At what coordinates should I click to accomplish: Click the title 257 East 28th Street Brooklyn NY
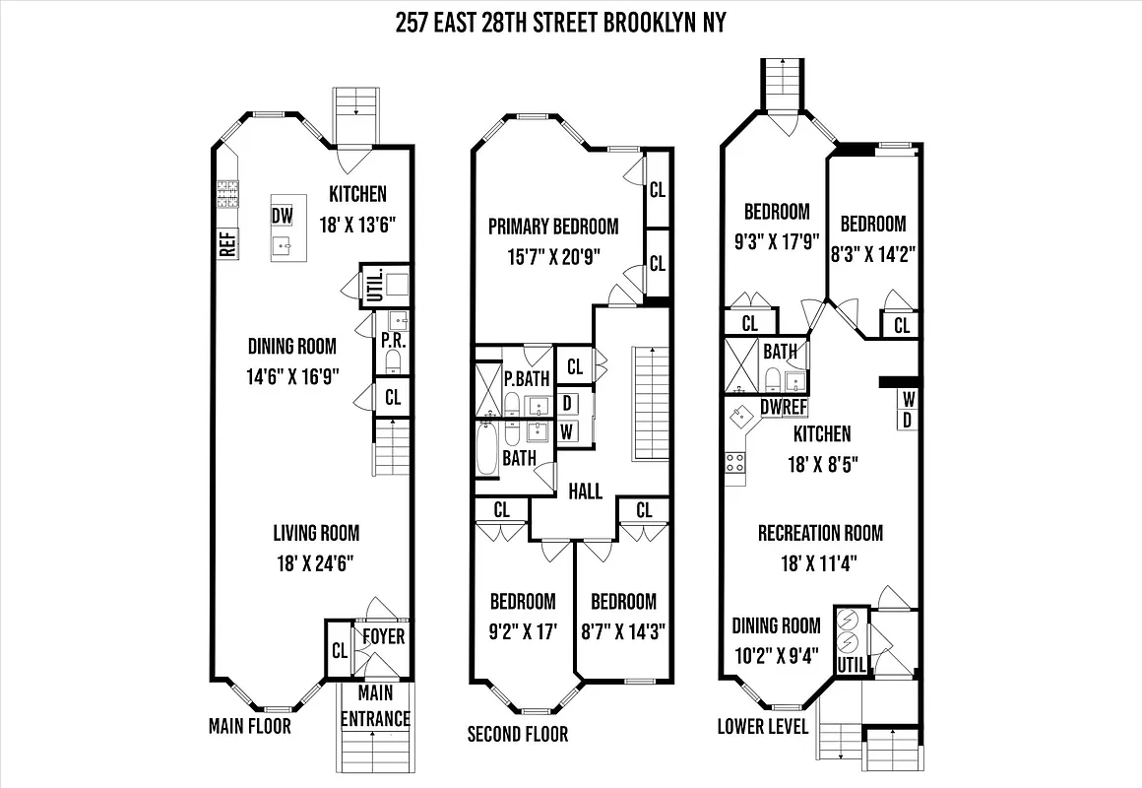point(560,23)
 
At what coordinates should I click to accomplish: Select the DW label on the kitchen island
point(283,216)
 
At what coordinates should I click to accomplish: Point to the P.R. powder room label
point(391,343)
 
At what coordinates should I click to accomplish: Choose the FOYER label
point(383,636)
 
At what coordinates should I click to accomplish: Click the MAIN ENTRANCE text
point(374,706)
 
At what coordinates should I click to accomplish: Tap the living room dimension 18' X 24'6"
point(315,563)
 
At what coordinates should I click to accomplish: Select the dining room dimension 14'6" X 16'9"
point(291,377)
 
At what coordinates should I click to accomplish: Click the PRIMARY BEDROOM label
point(553,227)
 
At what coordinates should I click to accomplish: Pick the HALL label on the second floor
point(585,491)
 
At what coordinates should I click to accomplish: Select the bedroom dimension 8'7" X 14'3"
point(623,631)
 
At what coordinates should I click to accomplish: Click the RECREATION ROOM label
point(820,533)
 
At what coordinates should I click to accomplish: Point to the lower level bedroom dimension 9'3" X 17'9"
point(776,242)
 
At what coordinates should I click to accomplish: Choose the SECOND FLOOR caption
point(517,734)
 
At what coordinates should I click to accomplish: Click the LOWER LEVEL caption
point(763,727)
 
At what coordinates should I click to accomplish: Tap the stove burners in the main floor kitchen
point(227,194)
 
